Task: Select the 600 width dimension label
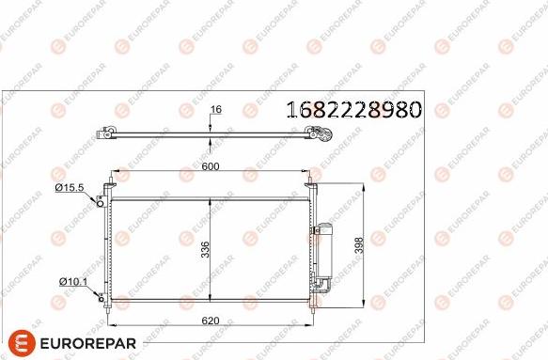coord(210,166)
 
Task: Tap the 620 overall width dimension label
coord(211,321)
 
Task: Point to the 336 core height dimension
coord(206,251)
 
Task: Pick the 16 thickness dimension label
coord(216,110)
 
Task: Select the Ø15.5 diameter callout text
coord(70,188)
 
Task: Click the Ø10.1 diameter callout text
coord(71,281)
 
